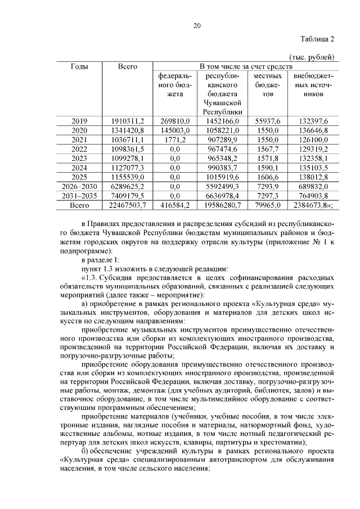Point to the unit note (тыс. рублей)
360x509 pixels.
[x=312, y=57]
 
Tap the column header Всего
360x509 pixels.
[x=128, y=66]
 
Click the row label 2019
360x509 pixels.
[x=79, y=121]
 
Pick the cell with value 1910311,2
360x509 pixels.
[x=128, y=121]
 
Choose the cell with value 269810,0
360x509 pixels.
[x=175, y=121]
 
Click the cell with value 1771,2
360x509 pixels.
[x=175, y=139]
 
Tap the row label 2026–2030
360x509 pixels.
[x=79, y=186]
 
